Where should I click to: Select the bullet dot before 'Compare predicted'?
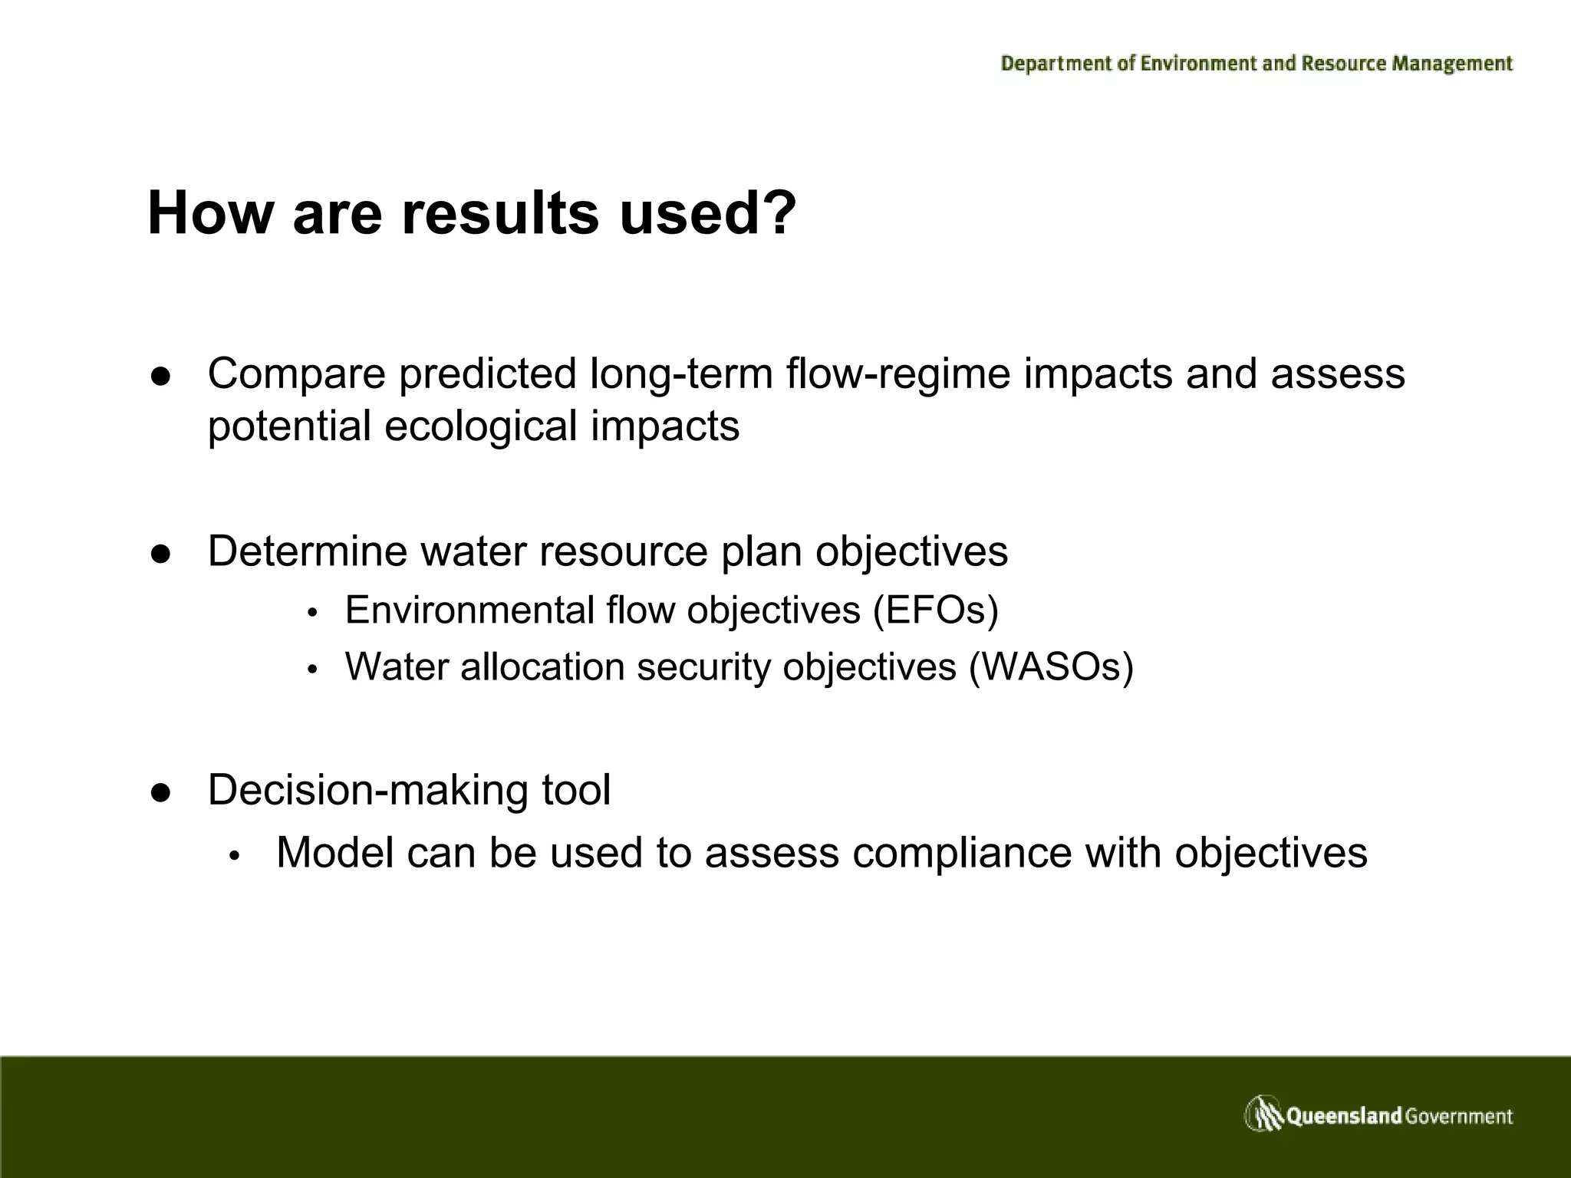160,377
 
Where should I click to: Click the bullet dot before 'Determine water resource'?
160,554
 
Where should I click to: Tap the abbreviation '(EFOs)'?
935,610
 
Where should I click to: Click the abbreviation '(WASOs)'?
1051,666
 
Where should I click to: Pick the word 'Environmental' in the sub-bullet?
469,610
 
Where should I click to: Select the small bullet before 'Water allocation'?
312,670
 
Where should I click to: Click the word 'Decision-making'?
368,790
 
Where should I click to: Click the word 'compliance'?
962,854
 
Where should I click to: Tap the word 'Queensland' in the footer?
1344,1116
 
